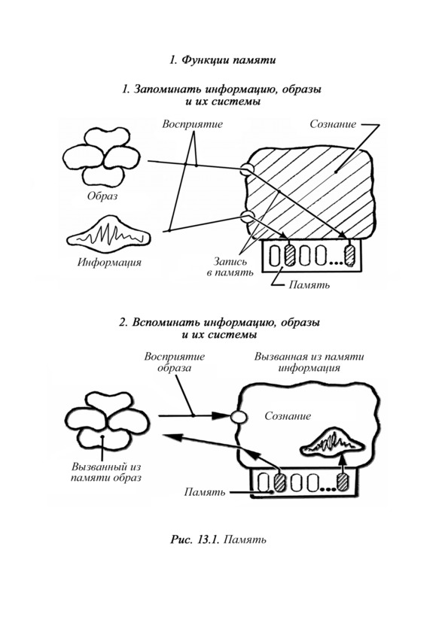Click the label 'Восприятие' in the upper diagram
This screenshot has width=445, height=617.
[193, 124]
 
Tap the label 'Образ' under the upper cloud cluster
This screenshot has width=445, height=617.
[102, 196]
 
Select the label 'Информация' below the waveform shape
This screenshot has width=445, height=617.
[109, 262]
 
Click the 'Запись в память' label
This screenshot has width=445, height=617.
[230, 266]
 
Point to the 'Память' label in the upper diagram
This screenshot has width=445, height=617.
[309, 284]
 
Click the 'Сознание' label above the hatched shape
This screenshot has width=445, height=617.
[333, 124]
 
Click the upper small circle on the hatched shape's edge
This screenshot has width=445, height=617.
[247, 169]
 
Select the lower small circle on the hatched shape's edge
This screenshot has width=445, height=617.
[248, 216]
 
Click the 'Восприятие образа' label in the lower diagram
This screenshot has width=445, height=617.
[175, 363]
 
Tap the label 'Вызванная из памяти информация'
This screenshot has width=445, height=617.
[309, 363]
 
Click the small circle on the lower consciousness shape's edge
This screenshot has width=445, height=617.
[238, 417]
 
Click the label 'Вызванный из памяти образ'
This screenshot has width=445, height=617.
[106, 473]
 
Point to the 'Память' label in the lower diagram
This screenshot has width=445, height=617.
[205, 492]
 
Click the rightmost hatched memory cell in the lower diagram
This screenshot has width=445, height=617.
[342, 482]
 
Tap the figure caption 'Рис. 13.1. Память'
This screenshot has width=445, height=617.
[218, 539]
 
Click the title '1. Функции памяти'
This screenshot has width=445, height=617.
[223, 60]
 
